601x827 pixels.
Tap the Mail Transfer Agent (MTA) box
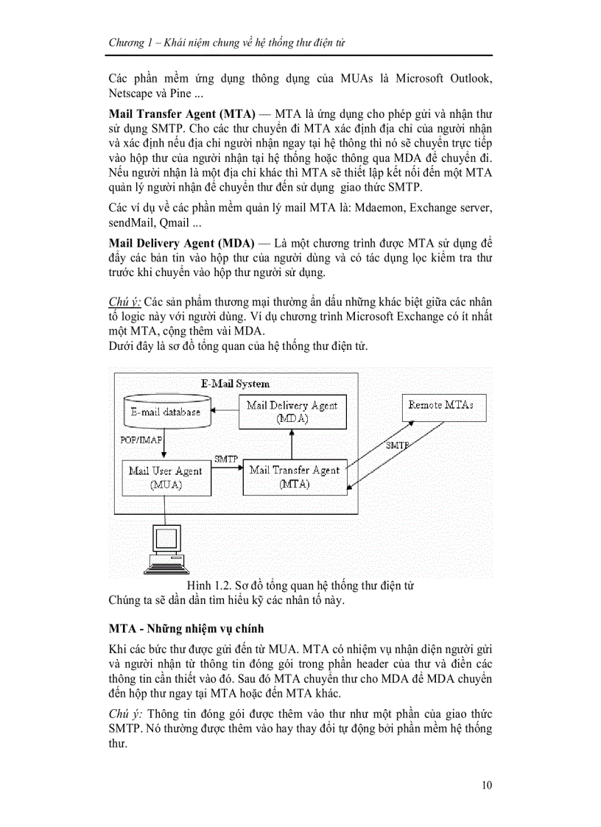(295, 476)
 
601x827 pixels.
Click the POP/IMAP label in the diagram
(141, 440)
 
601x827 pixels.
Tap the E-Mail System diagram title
(236, 384)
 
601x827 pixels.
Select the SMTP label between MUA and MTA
(226, 459)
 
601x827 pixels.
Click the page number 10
(487, 785)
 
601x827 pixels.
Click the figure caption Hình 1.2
(300, 585)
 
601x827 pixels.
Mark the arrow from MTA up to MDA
(292, 444)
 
